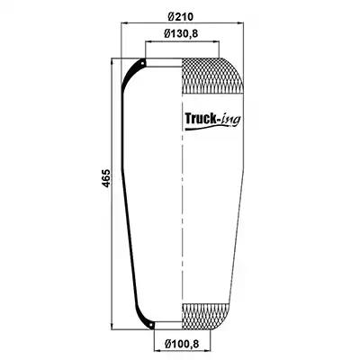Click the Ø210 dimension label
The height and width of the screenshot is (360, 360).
pyautogui.click(x=181, y=16)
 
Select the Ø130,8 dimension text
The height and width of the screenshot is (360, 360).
pyautogui.click(x=181, y=33)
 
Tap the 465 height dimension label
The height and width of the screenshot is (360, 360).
pyautogui.click(x=106, y=178)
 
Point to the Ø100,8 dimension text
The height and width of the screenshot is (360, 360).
pyautogui.click(x=182, y=343)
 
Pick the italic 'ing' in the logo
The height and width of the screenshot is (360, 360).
pyautogui.click(x=230, y=120)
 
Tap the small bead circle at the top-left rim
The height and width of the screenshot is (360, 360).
pyautogui.click(x=142, y=63)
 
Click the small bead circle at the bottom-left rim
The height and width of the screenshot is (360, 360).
pyautogui.click(x=151, y=325)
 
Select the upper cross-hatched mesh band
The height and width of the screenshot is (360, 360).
pyautogui.click(x=212, y=76)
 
